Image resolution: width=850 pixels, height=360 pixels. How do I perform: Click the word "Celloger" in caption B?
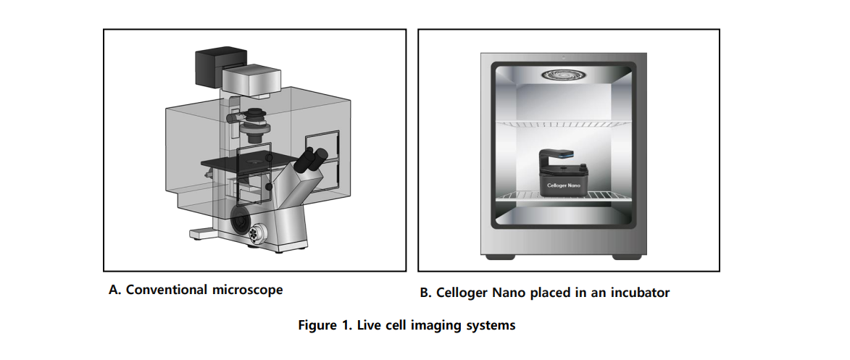click(x=463, y=293)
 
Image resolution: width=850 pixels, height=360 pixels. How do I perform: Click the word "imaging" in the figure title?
click(x=438, y=325)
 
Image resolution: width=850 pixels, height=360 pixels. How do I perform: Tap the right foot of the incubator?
click(x=623, y=257)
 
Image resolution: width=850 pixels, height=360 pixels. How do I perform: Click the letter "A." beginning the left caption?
click(x=113, y=290)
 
